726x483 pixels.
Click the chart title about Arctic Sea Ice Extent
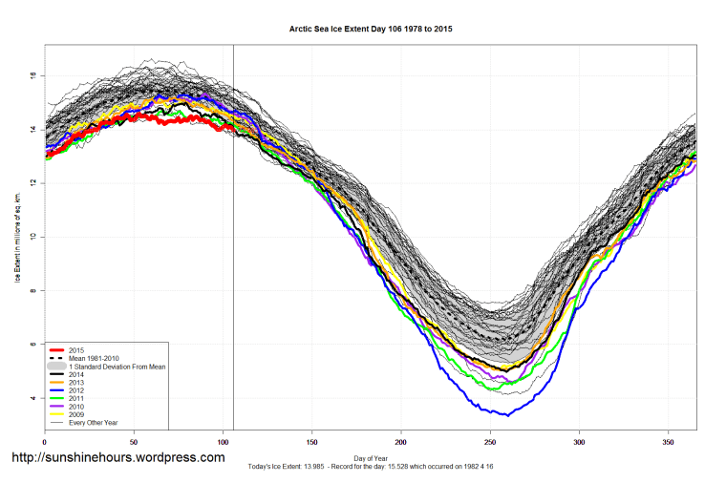click(x=371, y=30)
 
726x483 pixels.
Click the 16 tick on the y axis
click(x=33, y=74)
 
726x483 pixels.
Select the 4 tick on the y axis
click(x=33, y=398)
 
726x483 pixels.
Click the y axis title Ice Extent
click(x=16, y=237)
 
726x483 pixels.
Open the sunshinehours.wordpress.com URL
click(x=117, y=458)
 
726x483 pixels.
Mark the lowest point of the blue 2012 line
click(x=507, y=415)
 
